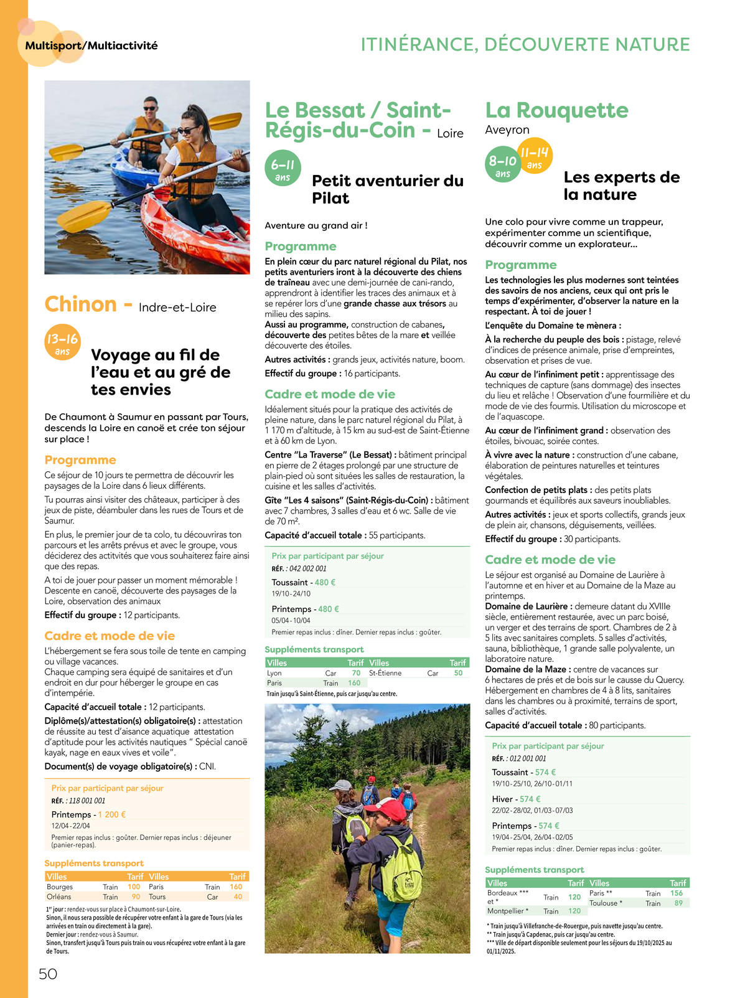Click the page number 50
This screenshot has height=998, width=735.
coord(48,974)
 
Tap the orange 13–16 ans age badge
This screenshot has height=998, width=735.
coord(62,342)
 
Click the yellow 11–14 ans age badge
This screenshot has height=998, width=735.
coord(535,156)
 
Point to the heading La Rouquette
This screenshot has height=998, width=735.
coord(556,110)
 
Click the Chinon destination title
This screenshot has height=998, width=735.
coord(81,304)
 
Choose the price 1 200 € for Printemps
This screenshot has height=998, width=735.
coord(112,814)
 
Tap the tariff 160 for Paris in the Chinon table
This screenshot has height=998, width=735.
coord(236,887)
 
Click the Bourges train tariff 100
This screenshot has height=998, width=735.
coord(134,887)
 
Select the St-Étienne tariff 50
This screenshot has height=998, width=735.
coord(458,673)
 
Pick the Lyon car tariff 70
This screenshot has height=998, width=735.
coord(356,673)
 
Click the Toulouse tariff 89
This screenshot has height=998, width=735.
coord(678,903)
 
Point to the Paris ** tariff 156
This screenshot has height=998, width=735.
coord(676,893)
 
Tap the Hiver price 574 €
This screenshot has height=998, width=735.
coord(530,799)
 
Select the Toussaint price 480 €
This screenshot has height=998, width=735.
coord(325,582)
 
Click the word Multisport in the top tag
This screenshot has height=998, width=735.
coord(54,45)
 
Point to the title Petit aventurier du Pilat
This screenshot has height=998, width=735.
coord(387,189)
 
